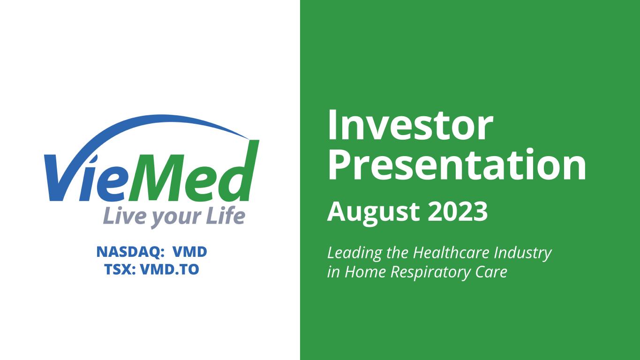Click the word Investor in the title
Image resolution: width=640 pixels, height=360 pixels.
411,126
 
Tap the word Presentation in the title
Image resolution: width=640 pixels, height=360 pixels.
457,164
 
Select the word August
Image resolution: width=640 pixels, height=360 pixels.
373,213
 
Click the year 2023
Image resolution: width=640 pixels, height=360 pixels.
458,211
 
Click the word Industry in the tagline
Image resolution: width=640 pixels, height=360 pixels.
523,254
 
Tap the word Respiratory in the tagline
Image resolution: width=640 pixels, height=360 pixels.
430,272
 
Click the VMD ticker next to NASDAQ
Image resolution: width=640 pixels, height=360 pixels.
190,252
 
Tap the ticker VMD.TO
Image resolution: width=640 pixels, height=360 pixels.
170,270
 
